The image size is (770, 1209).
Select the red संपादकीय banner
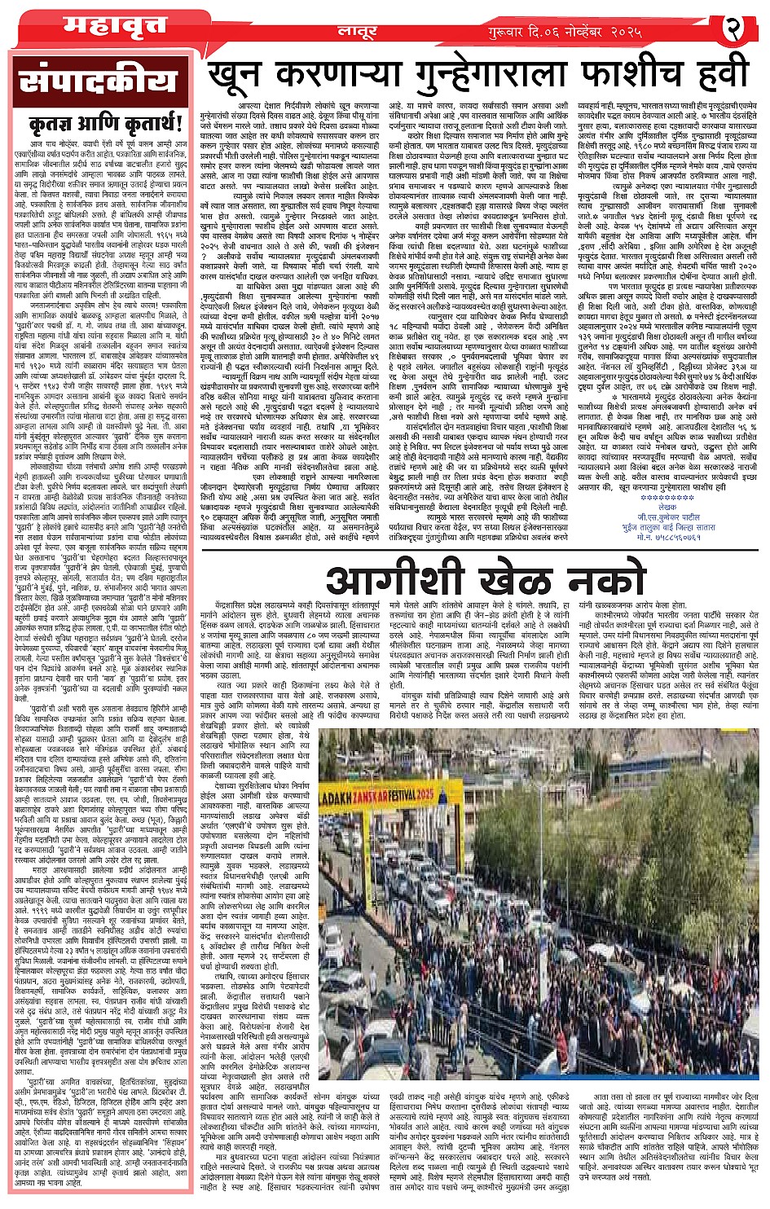point(99,85)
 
